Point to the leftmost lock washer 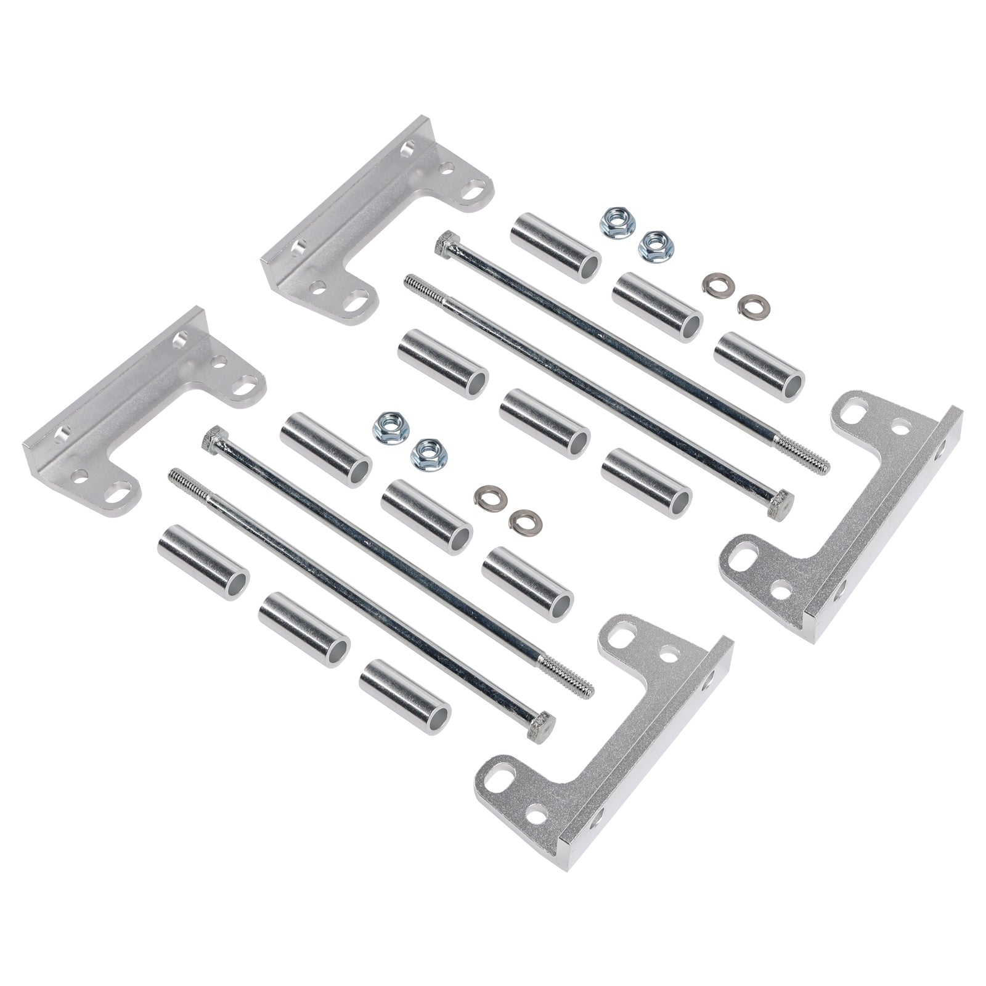pos(486,496)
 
